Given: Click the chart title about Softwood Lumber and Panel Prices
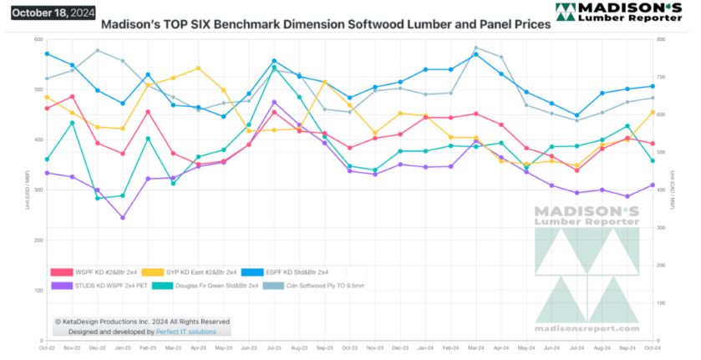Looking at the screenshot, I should (x=325, y=24).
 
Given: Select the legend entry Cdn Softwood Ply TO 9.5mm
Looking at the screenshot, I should (x=314, y=286).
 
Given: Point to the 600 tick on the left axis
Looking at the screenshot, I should (x=38, y=39).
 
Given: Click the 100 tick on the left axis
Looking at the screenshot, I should (x=38, y=290).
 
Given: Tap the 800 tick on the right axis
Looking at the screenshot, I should (x=662, y=39).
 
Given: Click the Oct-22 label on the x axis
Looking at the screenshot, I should (x=47, y=348).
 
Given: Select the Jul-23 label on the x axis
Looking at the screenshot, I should (x=274, y=348).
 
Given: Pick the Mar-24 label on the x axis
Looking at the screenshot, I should (x=475, y=348).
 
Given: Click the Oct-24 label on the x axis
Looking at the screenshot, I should (x=652, y=348).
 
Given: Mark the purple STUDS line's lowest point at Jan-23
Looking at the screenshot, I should (x=123, y=218).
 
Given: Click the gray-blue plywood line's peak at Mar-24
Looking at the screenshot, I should (x=476, y=48).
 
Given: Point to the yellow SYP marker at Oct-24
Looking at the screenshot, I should (x=652, y=112).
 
